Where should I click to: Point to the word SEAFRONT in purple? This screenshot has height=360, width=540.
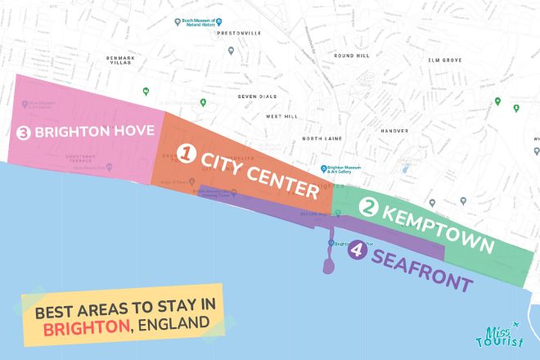(x=421, y=271)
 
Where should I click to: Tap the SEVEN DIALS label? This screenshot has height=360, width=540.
(x=254, y=97)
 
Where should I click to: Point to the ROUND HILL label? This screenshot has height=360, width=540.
(x=351, y=56)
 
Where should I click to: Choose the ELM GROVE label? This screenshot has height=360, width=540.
(x=446, y=60)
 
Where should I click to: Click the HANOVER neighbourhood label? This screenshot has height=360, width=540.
(x=394, y=130)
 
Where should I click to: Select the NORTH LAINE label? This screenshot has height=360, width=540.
(x=322, y=138)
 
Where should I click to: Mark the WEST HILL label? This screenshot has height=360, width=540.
(x=281, y=116)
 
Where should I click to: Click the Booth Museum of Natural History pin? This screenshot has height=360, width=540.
(x=178, y=22)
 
